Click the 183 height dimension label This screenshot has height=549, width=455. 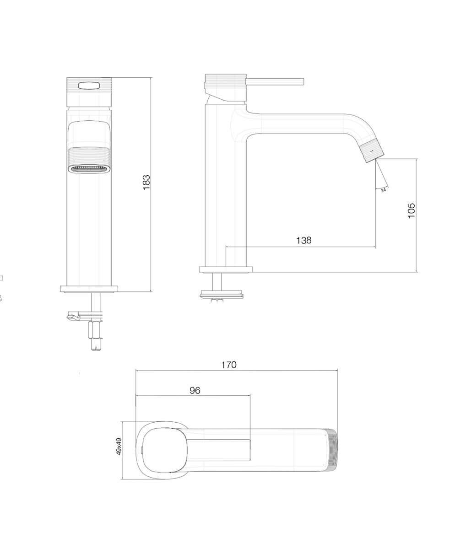146,182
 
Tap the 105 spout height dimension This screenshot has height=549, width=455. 412,210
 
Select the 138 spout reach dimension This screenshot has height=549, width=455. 303,240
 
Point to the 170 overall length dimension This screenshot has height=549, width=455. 229,365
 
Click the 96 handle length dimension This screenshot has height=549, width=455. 195,391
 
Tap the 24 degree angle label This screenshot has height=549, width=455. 384,190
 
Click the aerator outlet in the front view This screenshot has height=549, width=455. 89,169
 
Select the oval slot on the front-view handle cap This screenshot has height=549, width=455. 89,86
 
